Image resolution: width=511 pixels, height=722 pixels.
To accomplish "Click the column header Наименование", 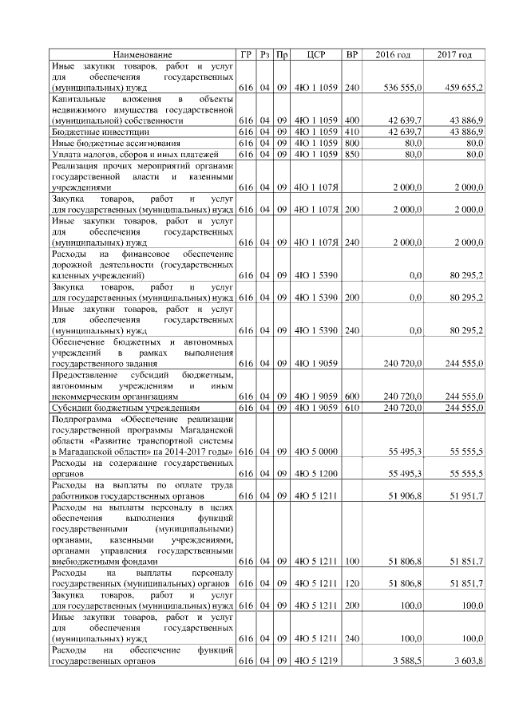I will pyautogui.click(x=142, y=54).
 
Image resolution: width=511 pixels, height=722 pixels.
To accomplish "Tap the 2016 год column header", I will pyautogui.click(x=393, y=54).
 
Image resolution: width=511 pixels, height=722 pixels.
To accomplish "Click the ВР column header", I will pyautogui.click(x=351, y=54).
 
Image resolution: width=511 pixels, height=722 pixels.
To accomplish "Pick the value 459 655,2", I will pyautogui.click(x=463, y=86).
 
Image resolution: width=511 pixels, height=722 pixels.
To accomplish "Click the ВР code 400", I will pyautogui.click(x=351, y=120).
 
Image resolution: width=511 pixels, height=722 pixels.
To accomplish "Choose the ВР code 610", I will pyautogui.click(x=351, y=407).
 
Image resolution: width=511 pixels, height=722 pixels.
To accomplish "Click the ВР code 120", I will pyautogui.click(x=351, y=584).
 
